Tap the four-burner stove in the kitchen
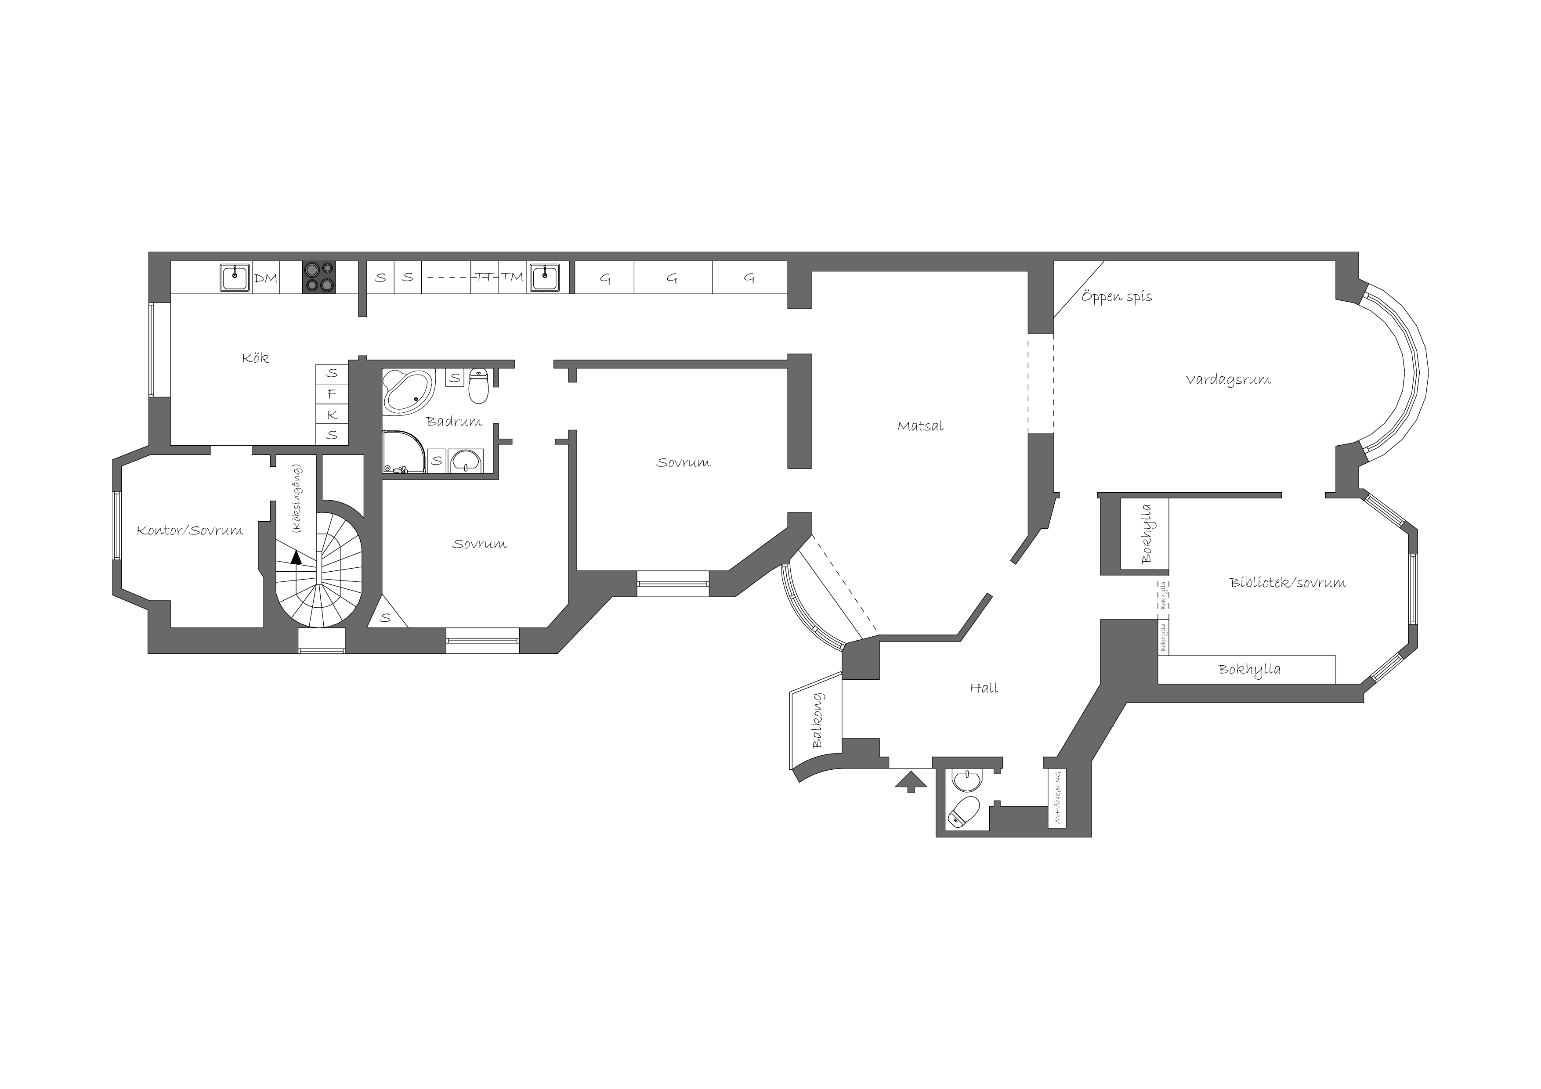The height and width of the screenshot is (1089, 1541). [x=319, y=277]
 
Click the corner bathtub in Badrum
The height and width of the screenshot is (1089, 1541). [x=409, y=393]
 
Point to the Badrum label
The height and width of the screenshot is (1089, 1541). [x=454, y=422]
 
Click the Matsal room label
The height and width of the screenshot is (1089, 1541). [x=920, y=426]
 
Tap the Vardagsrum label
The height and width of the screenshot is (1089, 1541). [x=1227, y=380]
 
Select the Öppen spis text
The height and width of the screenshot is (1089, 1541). [x=1116, y=296]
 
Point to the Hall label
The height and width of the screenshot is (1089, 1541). [x=984, y=688]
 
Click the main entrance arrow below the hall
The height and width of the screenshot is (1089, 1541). [x=911, y=781]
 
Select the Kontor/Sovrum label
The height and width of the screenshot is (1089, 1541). [x=190, y=531]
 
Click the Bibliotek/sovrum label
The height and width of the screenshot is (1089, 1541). [x=1287, y=582]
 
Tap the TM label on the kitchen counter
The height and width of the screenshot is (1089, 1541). [x=512, y=277]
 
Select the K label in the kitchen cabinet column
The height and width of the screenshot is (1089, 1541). [x=332, y=415]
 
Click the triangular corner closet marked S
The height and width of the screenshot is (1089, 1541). [x=386, y=613]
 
